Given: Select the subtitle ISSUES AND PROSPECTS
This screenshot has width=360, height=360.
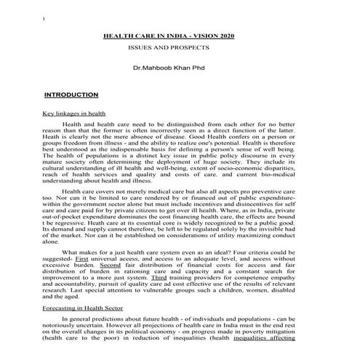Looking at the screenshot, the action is pos(168,47).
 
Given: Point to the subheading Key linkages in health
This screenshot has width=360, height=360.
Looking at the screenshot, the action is pos(74,114).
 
